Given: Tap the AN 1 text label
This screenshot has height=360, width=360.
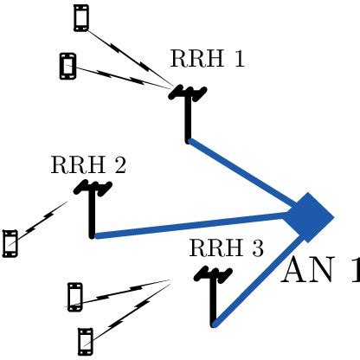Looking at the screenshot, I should pyautogui.click(x=320, y=270).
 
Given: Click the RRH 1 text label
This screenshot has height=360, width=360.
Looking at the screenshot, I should pyautogui.click(x=207, y=59).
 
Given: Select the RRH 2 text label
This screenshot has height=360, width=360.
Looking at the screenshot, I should pyautogui.click(x=89, y=164).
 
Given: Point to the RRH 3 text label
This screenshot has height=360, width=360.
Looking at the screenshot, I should pyautogui.click(x=226, y=248).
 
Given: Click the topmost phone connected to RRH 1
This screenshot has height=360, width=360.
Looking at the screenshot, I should pyautogui.click(x=81, y=17).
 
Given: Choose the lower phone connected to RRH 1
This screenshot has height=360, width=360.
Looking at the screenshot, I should pyautogui.click(x=67, y=65).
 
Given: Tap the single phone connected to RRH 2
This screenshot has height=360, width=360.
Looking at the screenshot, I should pyautogui.click(x=10, y=243).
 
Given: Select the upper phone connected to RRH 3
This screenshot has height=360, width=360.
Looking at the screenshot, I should pyautogui.click(x=75, y=296).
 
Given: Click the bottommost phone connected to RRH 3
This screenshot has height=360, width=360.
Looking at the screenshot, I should pyautogui.click(x=85, y=340).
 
